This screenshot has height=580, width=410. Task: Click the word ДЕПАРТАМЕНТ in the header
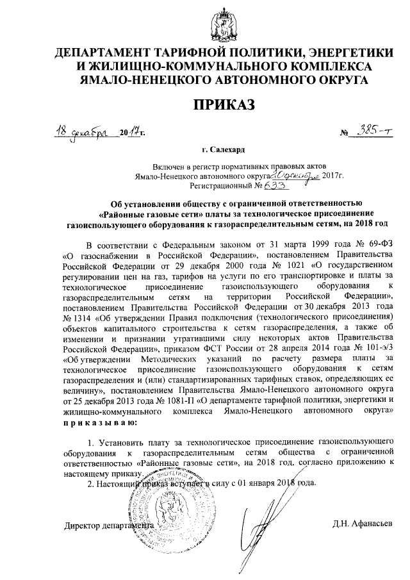(115, 53)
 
